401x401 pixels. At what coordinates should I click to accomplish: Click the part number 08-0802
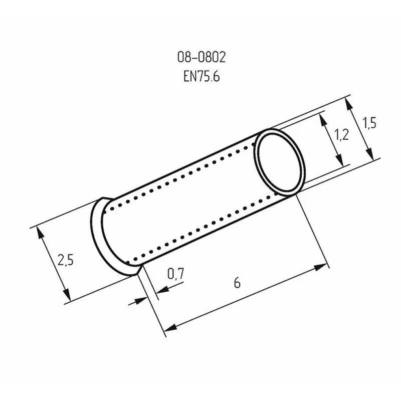click(x=202, y=58)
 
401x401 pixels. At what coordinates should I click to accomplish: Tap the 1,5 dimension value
click(x=370, y=123)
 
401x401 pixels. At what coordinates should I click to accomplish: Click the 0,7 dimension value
click(x=175, y=274)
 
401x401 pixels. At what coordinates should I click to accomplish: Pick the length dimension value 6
click(x=237, y=283)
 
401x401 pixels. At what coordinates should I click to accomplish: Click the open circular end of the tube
click(x=279, y=161)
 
